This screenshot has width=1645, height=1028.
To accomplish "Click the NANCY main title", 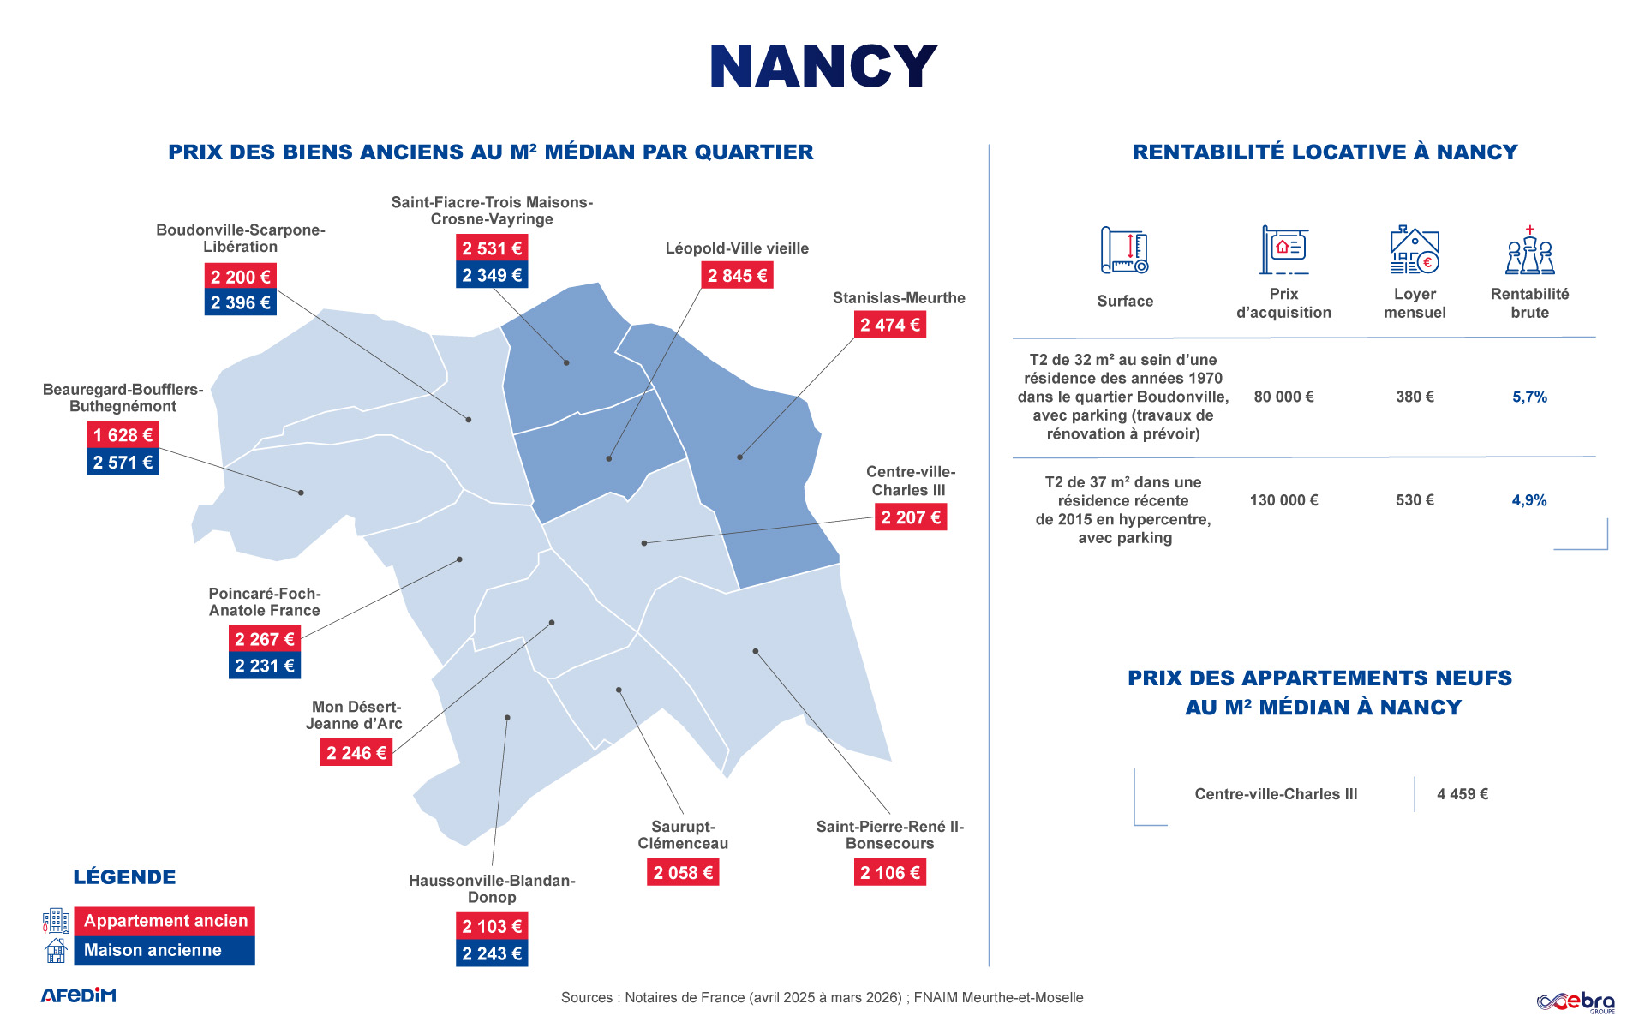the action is tap(822, 67).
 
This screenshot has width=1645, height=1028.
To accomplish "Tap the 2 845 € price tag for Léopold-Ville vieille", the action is tap(737, 276).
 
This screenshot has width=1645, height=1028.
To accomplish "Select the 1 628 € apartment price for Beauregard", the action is tap(123, 435).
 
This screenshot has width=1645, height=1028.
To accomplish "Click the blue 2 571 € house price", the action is tap(123, 463).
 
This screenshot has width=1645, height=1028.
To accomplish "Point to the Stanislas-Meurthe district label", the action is tap(899, 298).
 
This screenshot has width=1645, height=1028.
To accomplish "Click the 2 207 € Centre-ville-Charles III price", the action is tap(911, 517).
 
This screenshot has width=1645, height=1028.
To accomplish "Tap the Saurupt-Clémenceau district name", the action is tap(683, 835).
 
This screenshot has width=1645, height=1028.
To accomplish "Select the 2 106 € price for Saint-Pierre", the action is tap(890, 873).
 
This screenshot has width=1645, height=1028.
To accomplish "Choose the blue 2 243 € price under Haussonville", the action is tap(492, 953).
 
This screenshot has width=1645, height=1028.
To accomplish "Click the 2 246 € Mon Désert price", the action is tap(356, 753).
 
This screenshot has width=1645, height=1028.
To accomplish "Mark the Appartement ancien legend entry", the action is tap(164, 922).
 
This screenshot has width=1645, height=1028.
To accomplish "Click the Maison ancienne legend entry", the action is tap(164, 951).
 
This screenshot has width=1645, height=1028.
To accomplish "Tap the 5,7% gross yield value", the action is tap(1529, 397).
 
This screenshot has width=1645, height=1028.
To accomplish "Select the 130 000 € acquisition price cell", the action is tap(1283, 500).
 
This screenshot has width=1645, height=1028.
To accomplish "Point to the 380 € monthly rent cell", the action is tap(1415, 397).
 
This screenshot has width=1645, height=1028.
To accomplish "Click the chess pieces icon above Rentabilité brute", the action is tap(1530, 250).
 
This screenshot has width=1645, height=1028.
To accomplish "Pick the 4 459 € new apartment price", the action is tap(1463, 794).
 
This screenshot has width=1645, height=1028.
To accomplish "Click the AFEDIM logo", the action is tap(78, 995).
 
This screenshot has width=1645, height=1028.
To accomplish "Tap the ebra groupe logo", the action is tap(1576, 1001).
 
